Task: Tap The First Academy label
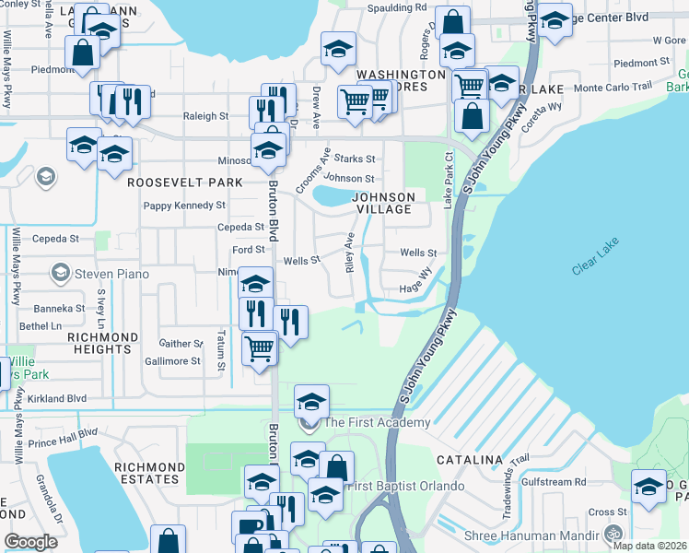click(377, 423)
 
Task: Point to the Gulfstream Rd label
click(554, 482)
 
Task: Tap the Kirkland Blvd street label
click(57, 399)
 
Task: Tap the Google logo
click(30, 542)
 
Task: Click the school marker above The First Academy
click(311, 402)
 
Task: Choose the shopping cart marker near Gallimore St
click(261, 348)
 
